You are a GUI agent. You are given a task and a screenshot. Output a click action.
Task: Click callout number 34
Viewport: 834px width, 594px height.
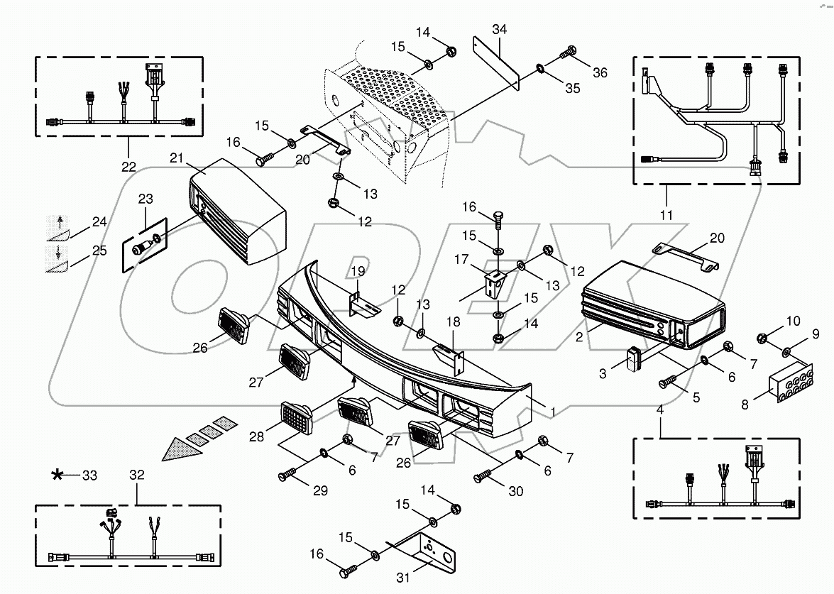[x=500, y=29]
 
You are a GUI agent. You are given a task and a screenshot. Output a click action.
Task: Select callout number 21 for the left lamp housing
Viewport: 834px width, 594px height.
[x=177, y=158]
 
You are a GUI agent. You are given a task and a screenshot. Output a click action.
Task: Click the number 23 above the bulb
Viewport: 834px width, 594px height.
[x=146, y=199]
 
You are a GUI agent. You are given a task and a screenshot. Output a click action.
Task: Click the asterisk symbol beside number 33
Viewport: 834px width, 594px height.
[x=57, y=475]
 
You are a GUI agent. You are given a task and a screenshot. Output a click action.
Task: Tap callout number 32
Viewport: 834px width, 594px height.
[x=137, y=475]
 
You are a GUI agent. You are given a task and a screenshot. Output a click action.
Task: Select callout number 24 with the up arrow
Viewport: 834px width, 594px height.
[x=99, y=222]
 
